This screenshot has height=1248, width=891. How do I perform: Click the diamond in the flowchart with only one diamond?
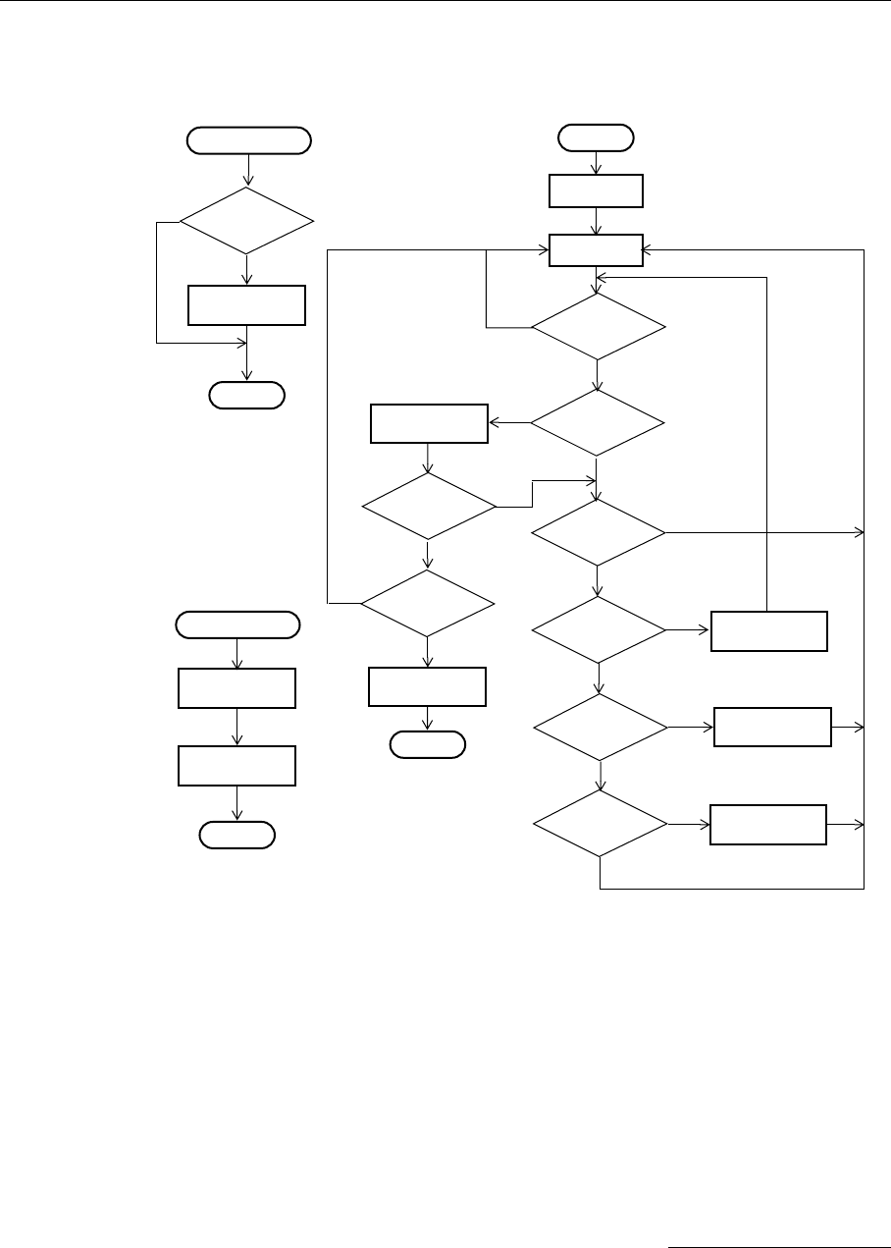click(x=246, y=222)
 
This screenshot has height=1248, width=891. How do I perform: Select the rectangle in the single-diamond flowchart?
click(x=246, y=304)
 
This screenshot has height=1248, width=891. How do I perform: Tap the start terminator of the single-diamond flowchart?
click(x=248, y=140)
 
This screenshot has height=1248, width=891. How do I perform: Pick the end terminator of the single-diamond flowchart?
click(x=246, y=396)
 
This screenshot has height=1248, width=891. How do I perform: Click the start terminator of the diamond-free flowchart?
click(x=236, y=624)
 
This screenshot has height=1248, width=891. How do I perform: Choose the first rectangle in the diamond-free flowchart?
click(x=236, y=687)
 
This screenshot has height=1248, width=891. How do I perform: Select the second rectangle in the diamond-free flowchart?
click(x=236, y=765)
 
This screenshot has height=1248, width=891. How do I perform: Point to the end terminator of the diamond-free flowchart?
click(x=236, y=835)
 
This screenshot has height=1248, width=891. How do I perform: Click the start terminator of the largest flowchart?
click(x=596, y=137)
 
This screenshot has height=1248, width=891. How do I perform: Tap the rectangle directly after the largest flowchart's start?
click(x=596, y=191)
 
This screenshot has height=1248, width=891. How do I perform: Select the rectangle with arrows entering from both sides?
click(x=596, y=250)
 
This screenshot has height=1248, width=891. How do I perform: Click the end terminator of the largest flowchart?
click(x=427, y=745)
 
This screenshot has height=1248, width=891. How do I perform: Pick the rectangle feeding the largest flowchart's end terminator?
click(x=427, y=686)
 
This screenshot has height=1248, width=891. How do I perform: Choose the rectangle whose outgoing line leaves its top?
click(x=768, y=630)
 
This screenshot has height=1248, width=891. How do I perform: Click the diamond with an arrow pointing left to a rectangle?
click(x=597, y=423)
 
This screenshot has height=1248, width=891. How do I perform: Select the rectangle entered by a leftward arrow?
click(x=429, y=423)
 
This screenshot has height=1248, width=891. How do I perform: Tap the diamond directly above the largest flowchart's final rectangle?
click(x=427, y=603)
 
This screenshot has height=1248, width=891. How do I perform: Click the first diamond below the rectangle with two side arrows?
click(x=597, y=326)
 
